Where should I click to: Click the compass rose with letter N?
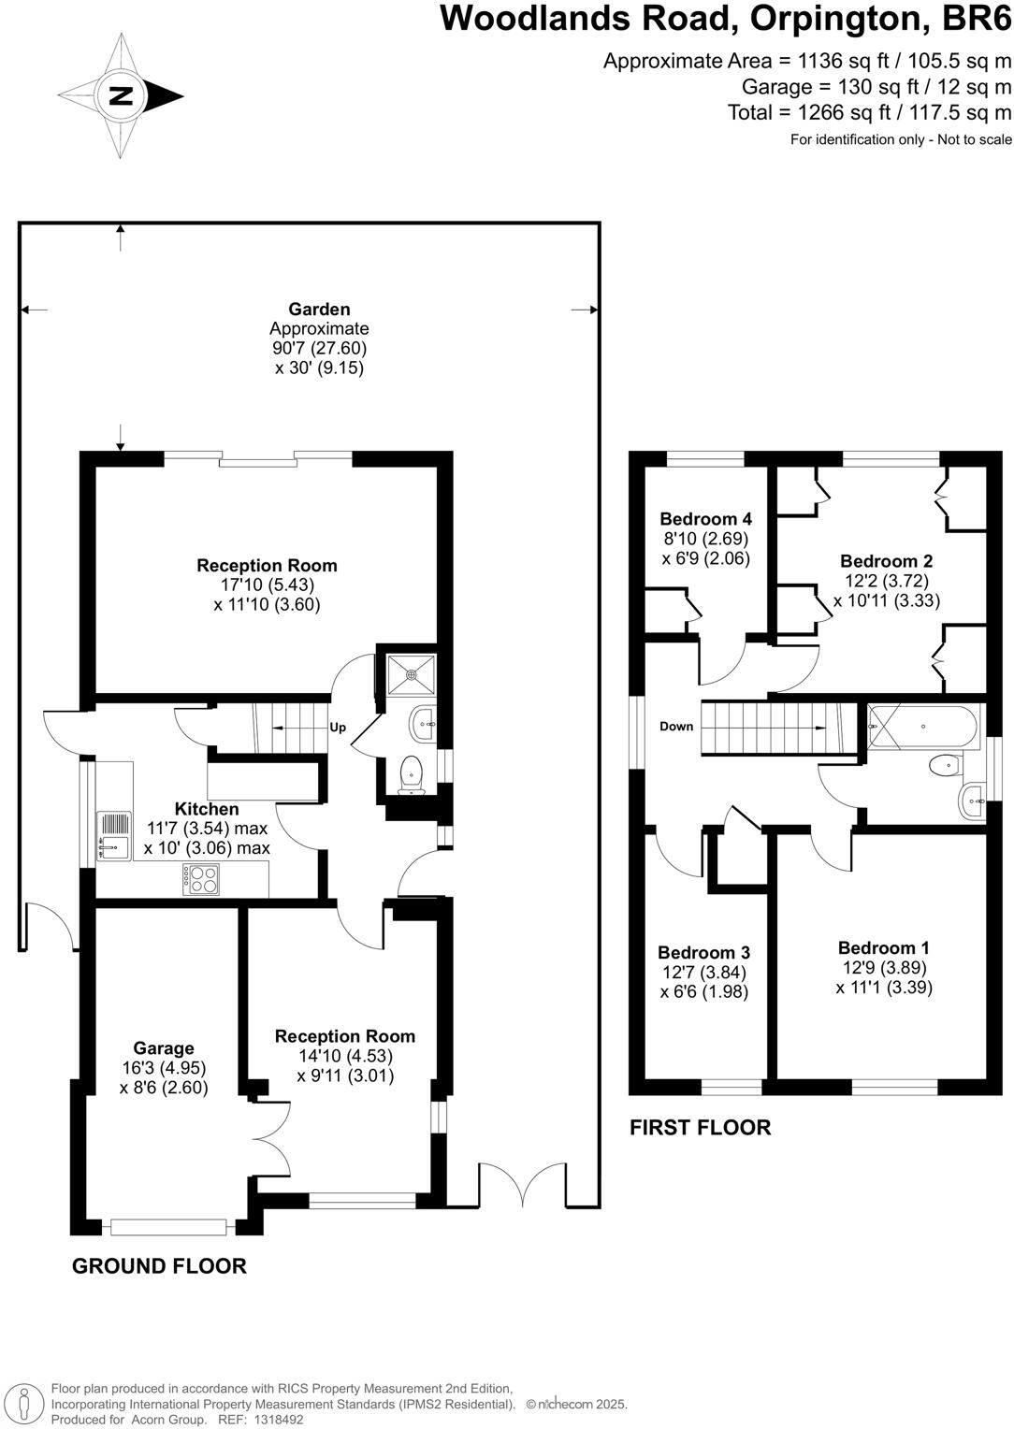click(x=121, y=95)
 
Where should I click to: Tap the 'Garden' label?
click(x=319, y=310)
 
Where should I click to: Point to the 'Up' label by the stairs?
click(x=338, y=727)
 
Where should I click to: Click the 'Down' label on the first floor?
click(x=676, y=727)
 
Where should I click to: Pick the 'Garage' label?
click(x=164, y=1048)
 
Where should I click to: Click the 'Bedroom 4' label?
click(x=705, y=519)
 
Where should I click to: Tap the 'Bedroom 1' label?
click(x=884, y=947)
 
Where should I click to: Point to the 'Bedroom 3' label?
click(x=703, y=953)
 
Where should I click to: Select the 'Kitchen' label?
click(x=207, y=809)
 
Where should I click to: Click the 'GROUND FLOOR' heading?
click(x=159, y=1266)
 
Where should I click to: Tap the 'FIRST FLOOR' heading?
click(x=700, y=1128)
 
